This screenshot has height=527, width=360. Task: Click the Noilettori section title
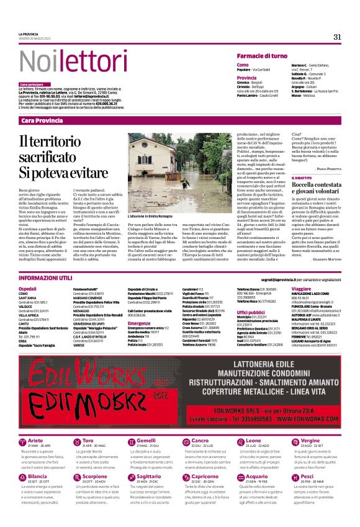[x=71, y=61]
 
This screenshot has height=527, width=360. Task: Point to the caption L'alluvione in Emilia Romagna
[x=151, y=217]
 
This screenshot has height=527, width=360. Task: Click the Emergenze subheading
[x=138, y=323]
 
